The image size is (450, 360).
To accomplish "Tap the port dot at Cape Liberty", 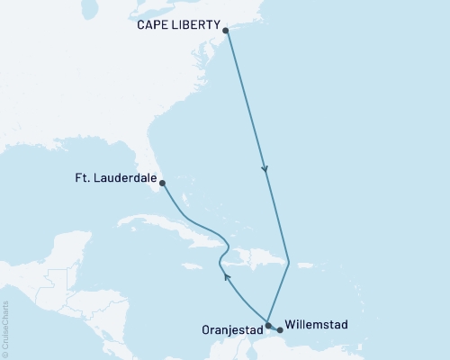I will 225,31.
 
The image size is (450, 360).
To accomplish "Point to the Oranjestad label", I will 234,328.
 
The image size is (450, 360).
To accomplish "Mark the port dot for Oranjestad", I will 268,325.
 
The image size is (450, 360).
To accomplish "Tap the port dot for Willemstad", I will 280,329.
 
